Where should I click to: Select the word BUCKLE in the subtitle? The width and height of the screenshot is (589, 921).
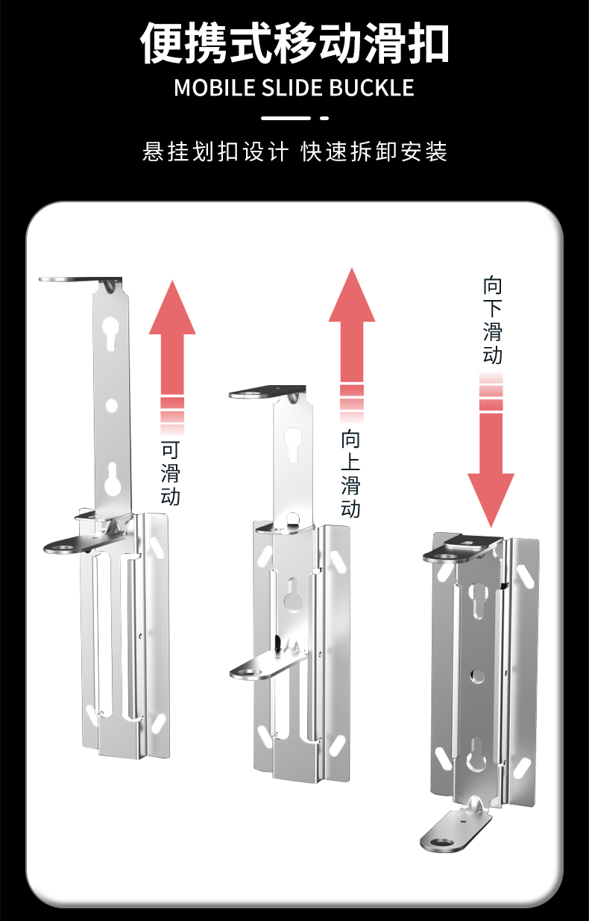371,87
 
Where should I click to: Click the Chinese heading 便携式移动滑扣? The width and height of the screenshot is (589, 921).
294,43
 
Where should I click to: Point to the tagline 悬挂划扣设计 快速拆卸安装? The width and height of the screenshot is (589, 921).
294,152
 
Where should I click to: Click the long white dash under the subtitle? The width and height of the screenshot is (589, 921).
286,118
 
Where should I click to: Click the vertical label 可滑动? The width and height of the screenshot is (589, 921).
171,473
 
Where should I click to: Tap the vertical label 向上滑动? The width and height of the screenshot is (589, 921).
350,474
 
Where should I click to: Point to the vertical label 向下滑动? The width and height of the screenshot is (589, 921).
492,321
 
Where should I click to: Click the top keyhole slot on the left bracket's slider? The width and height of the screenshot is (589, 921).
111,333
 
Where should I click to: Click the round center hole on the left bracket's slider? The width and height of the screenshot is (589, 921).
111,405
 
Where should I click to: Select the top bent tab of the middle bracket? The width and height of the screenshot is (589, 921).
267,392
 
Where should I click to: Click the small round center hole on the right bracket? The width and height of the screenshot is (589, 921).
477,676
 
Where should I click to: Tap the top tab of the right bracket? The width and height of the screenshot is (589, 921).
462,549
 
